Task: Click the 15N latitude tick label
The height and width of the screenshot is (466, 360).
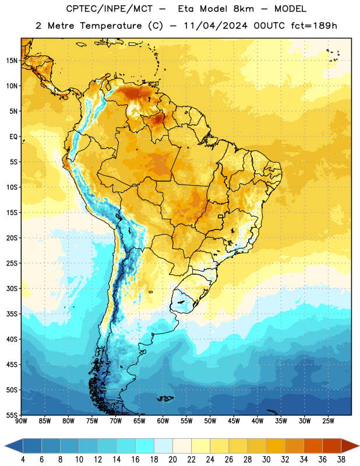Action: [12, 61]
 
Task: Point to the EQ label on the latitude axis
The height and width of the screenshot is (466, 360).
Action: [13, 137]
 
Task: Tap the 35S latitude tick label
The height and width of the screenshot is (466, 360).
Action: [12, 314]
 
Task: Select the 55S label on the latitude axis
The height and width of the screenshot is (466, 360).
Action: [12, 415]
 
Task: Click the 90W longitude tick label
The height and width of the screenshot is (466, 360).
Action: [21, 421]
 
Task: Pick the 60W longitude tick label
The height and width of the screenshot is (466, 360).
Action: [163, 421]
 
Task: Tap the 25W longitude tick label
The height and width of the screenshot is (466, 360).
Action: [328, 421]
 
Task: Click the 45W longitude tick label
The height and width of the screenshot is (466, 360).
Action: [234, 421]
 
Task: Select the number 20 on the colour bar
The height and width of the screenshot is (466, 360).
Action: [172, 460]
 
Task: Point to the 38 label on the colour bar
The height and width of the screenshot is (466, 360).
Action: [341, 460]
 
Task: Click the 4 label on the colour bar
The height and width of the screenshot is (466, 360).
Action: [23, 460]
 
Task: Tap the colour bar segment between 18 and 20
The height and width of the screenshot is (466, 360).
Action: [164, 446]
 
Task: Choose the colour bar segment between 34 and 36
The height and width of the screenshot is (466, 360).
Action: [313, 446]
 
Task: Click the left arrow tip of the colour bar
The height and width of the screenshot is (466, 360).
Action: [5, 446]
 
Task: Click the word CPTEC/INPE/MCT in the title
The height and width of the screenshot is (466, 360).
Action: [110, 9]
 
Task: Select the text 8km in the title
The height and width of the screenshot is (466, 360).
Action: [243, 9]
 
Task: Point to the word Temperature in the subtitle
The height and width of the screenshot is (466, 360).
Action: [111, 26]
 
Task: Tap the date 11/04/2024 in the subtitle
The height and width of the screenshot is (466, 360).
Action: [215, 26]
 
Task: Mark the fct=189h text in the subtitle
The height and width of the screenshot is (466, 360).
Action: [314, 26]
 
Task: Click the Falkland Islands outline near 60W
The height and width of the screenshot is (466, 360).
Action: [165, 398]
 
